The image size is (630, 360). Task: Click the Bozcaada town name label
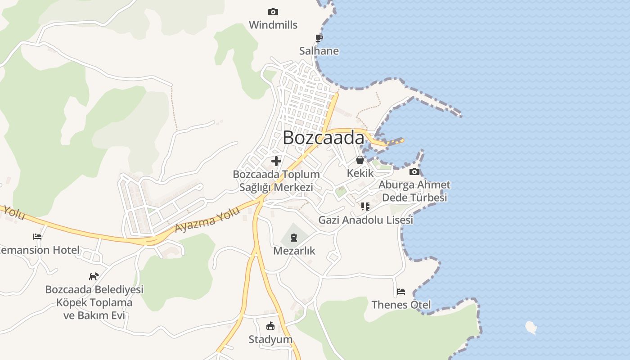(323, 138)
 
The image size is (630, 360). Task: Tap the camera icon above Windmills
(273, 12)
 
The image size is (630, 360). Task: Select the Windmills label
(273, 25)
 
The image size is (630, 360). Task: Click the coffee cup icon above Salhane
(319, 38)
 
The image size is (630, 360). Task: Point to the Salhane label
(319, 51)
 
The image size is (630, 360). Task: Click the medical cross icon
(276, 161)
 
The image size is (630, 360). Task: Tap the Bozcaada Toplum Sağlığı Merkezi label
(276, 180)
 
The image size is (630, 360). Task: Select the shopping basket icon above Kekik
(360, 160)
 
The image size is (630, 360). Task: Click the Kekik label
(360, 173)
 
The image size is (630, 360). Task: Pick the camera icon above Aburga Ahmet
(414, 171)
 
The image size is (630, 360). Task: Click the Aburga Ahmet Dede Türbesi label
(414, 191)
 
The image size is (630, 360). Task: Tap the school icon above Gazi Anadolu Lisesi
(365, 207)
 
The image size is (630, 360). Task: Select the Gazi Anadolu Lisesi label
(365, 220)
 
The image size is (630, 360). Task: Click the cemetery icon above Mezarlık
(294, 237)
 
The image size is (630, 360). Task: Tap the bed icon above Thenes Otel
(401, 292)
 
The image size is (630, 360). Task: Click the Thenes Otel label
(401, 305)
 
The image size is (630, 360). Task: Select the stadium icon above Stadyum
(270, 326)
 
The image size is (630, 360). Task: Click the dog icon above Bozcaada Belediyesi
(94, 276)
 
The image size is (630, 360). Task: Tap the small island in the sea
(531, 327)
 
